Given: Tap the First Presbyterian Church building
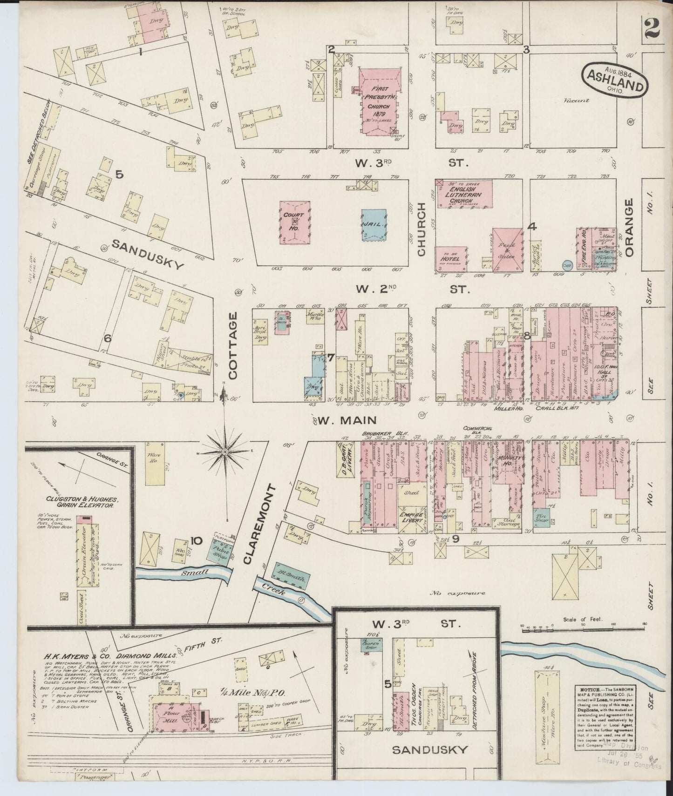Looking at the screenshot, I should point(380,100).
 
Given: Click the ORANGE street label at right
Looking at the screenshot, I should point(630,227).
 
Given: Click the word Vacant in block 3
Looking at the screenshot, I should point(575,100).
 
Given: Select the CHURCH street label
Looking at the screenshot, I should point(421,229).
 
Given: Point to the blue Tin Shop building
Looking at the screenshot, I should point(541,517).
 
